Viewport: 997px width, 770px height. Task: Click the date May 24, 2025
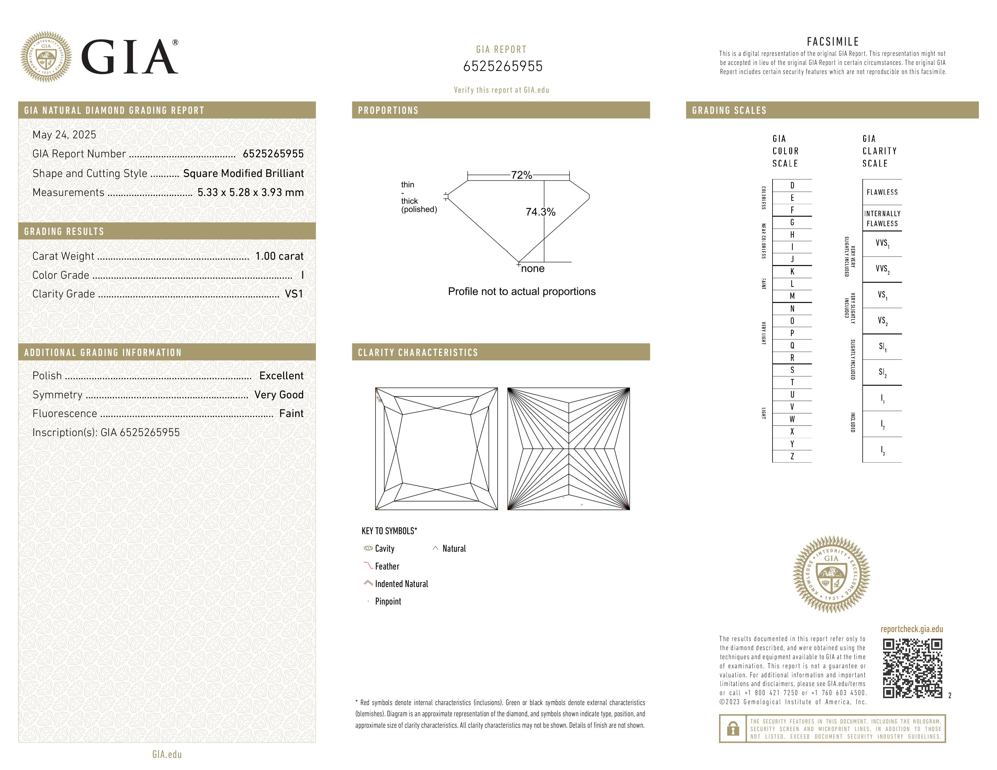tap(64, 135)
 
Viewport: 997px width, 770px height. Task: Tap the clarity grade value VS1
tap(294, 294)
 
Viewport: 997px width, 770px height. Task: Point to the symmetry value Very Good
tap(279, 395)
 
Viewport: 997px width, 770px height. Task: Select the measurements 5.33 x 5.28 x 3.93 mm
tap(250, 193)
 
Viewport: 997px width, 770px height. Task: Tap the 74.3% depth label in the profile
tap(540, 212)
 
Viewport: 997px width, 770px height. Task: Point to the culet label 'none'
tap(532, 269)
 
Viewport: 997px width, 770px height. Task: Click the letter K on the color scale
tap(792, 271)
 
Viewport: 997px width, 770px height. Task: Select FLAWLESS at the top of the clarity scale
tap(882, 192)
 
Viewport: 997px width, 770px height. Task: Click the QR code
tap(912, 668)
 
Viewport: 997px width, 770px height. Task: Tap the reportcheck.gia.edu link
tap(911, 629)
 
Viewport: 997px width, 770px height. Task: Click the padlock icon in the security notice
tap(733, 729)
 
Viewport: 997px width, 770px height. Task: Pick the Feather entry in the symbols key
tap(387, 566)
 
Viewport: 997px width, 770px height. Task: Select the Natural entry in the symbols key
tap(454, 549)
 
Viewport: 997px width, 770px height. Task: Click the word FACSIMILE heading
tap(833, 41)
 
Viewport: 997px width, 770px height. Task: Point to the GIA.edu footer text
tap(167, 754)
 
